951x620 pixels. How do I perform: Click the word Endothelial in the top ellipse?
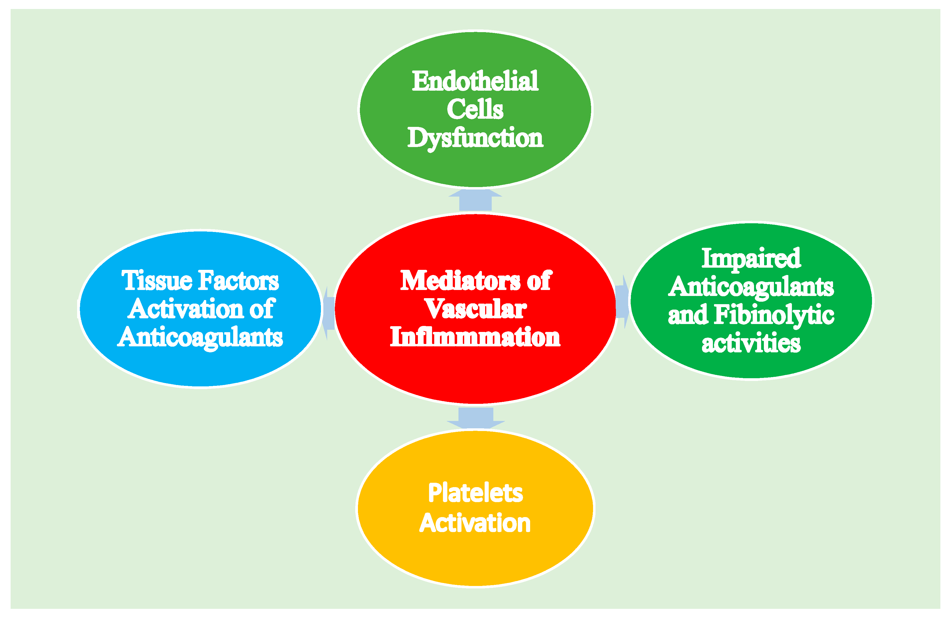[x=475, y=81]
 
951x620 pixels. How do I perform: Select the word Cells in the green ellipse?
[x=475, y=109]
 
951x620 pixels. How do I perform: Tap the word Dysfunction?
[x=475, y=138]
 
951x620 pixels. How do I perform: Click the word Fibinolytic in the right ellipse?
[x=774, y=315]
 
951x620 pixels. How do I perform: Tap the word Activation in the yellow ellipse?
[x=475, y=523]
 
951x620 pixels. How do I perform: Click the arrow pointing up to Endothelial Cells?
[x=475, y=200]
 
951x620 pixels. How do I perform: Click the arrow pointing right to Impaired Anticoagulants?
[x=622, y=302]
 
